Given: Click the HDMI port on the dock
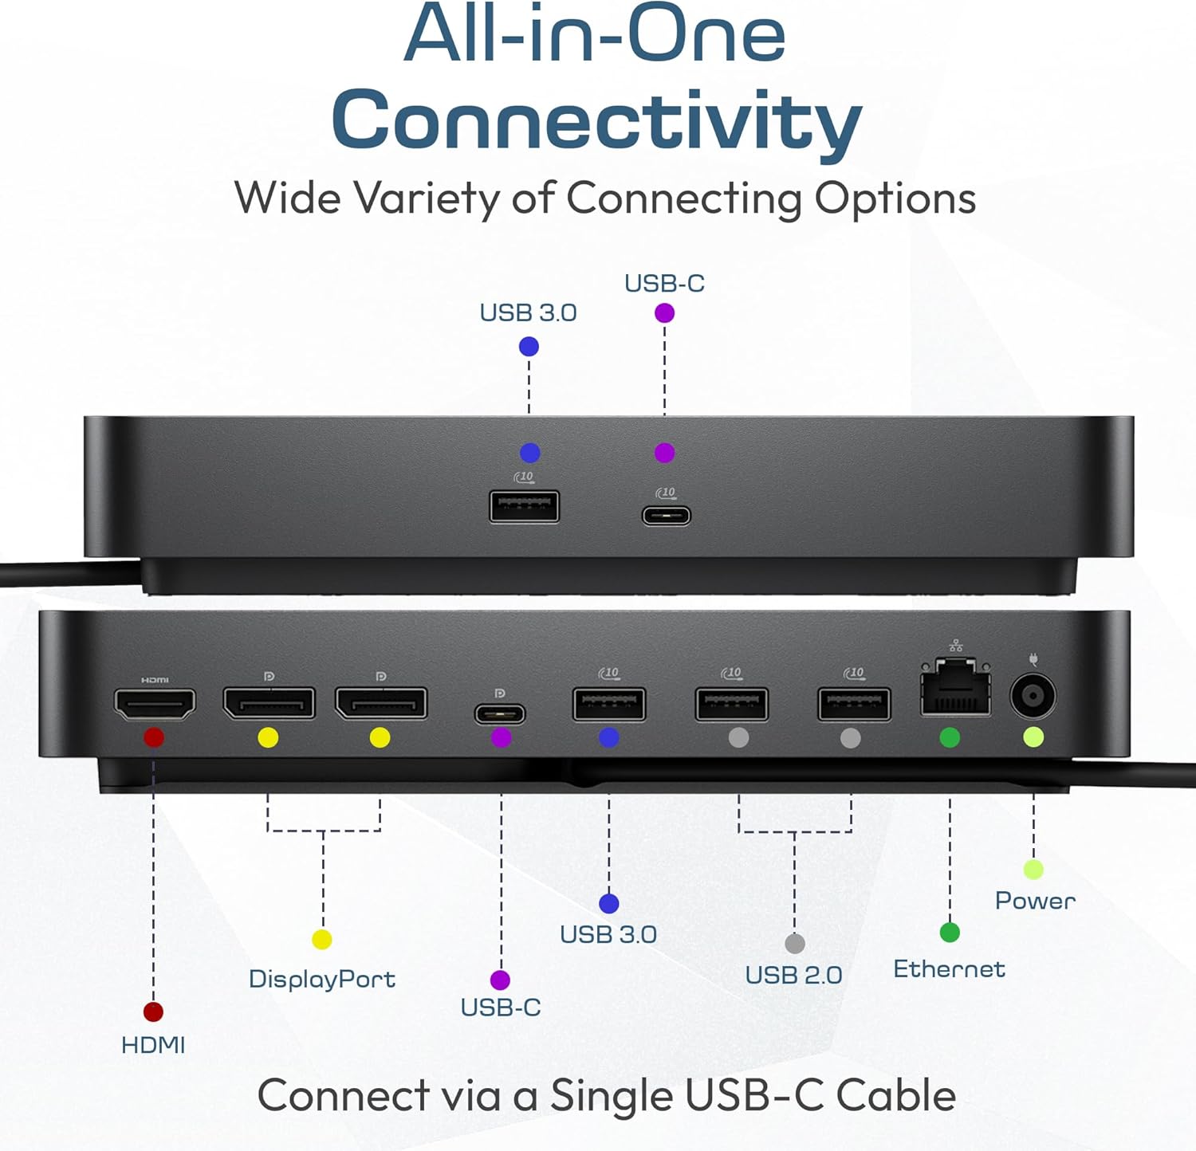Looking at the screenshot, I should click(x=155, y=705).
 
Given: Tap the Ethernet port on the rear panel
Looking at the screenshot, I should click(x=955, y=687).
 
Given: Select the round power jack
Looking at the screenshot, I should click(x=1033, y=697).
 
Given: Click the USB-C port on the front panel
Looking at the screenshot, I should click(x=667, y=515).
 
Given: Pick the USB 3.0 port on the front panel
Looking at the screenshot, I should click(x=524, y=507).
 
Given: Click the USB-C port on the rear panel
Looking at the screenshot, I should click(x=500, y=713).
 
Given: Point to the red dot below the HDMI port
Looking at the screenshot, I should click(x=154, y=737).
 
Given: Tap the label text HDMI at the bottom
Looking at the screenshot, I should click(x=153, y=1045).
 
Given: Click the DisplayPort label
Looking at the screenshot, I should click(x=322, y=979).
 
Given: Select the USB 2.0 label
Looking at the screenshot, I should click(x=793, y=975).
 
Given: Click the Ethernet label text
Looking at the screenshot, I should click(x=949, y=969).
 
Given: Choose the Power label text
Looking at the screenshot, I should click(x=1035, y=901).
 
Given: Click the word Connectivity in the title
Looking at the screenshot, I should click(x=596, y=121).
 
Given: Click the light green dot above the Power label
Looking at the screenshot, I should click(x=1033, y=870).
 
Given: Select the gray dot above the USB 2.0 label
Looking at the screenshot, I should click(x=795, y=944).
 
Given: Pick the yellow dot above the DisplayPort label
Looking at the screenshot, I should click(x=322, y=940).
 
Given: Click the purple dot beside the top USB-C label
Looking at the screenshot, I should click(x=664, y=313).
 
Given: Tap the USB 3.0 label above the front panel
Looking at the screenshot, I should click(x=528, y=312).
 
